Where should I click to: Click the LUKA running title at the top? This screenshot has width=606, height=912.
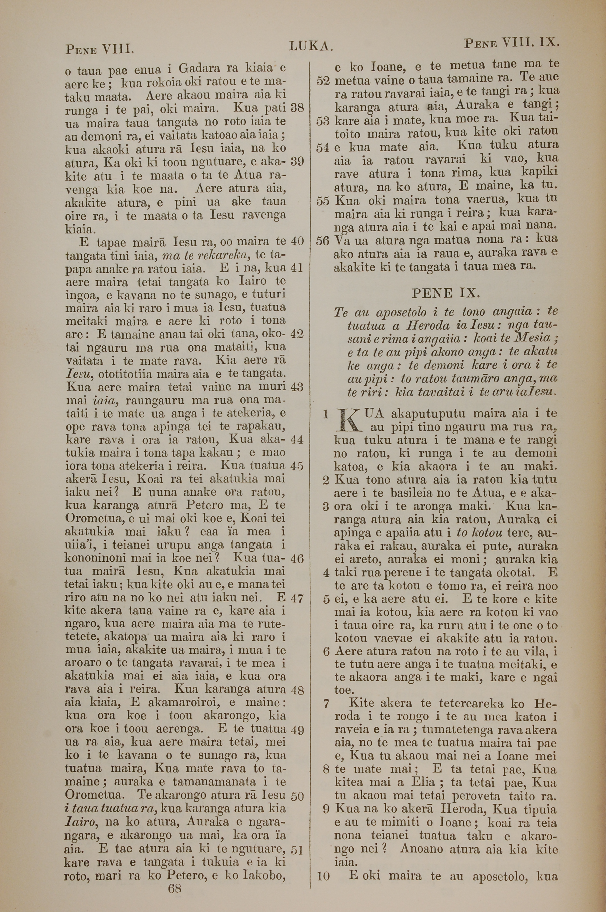pos(310,47)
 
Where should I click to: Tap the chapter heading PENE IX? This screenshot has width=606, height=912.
pos(446,293)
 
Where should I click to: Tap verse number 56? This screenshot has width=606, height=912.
pos(323,240)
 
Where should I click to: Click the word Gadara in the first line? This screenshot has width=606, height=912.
pos(200,69)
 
